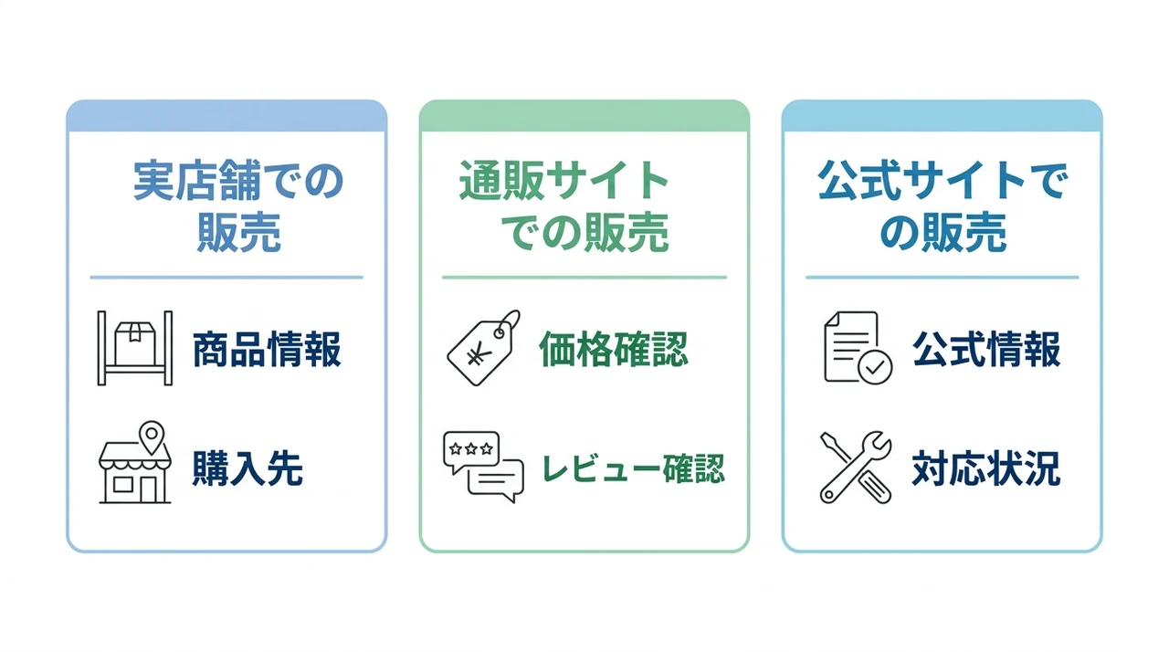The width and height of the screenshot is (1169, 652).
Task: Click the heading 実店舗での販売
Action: pos(238,206)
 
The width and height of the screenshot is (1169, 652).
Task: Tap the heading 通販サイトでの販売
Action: pos(563,206)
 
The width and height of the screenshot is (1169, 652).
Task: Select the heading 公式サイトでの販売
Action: pos(943,206)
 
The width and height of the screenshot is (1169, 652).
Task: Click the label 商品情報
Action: pos(268,349)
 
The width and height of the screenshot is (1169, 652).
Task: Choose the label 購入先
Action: pos(247,468)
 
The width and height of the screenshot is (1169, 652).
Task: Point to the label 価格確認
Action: pos(613,349)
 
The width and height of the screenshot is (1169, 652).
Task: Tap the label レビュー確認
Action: pos(634,468)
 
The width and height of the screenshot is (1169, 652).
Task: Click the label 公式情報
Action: pos(986,349)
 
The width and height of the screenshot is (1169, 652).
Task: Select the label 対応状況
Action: pos(986,468)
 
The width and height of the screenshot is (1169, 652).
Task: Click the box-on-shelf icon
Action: pos(135,348)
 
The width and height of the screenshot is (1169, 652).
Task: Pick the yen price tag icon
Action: pos(484,348)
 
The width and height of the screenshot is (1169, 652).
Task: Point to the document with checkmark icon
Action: pos(858,348)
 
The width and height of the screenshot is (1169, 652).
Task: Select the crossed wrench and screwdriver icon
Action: pos(856,468)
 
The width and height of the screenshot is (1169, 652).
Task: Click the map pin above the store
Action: pos(152,437)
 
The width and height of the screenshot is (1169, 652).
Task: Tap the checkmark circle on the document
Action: pos(875,367)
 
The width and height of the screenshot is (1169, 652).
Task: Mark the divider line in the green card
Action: pos(584,278)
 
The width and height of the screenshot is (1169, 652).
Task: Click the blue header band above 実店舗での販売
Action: pos(226,116)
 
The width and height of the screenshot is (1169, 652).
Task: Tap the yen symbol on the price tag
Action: pos(479,356)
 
